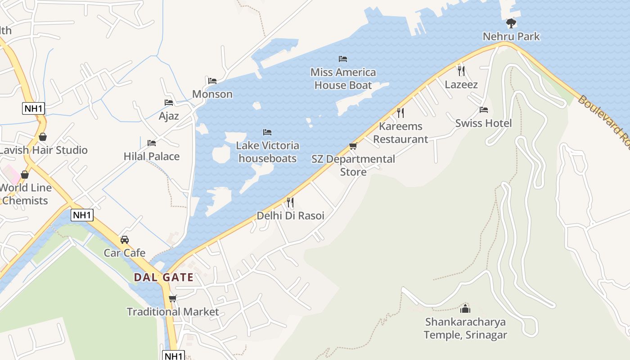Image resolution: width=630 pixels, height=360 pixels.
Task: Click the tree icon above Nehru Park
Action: point(511,23)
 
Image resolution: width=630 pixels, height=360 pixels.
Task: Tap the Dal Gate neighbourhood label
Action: point(164,277)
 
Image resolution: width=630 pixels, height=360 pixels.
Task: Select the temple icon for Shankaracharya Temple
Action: point(465,309)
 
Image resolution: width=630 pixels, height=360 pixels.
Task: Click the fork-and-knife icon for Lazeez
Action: point(461,71)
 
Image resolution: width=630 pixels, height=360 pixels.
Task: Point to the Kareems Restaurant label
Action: point(400,133)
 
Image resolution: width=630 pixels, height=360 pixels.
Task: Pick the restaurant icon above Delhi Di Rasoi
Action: point(290,202)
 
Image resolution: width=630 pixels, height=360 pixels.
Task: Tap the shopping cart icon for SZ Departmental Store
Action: point(353,146)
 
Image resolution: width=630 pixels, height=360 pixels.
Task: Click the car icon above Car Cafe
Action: point(125,239)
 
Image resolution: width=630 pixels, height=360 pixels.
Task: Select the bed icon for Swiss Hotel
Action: point(484,109)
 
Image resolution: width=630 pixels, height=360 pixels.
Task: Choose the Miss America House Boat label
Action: point(343,79)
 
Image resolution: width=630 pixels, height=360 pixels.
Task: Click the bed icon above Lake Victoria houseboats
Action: point(267,132)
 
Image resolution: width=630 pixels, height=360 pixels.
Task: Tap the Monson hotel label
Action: point(212,94)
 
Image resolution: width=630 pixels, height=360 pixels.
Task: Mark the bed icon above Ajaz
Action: point(169,103)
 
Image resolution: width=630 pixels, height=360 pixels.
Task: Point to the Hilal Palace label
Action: point(152,156)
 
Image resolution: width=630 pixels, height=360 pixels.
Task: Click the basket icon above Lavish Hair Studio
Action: point(43,137)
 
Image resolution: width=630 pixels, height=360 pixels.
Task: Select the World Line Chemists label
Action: point(25,194)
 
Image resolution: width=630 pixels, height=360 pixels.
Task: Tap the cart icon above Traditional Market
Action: point(173,298)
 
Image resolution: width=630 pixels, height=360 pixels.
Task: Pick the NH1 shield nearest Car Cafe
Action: point(82,215)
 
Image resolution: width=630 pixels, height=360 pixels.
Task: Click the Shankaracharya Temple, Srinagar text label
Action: point(465,328)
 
